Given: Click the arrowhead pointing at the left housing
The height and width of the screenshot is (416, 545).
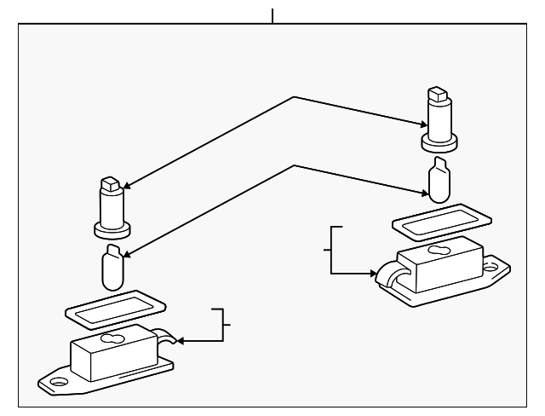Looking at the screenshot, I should coord(181,342).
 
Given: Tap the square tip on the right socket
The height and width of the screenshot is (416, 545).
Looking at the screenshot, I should coord(437,93).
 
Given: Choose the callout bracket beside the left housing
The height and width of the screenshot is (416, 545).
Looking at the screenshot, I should coord(225,324).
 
